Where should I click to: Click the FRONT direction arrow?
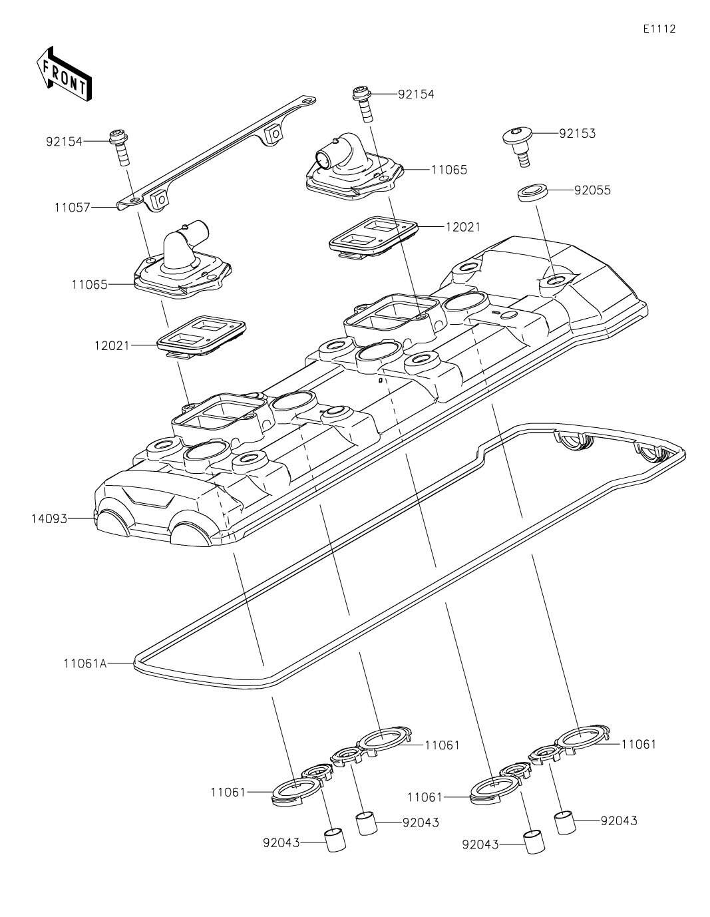tap(64, 73)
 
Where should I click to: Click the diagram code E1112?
tap(659, 29)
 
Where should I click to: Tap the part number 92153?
tap(577, 133)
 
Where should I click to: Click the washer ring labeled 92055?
tap(533, 192)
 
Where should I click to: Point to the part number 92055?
tap(592, 190)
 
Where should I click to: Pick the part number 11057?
tap(72, 208)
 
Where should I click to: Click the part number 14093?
tap(49, 518)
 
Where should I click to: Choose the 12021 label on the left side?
tap(112, 345)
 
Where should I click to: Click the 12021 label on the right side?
tap(463, 227)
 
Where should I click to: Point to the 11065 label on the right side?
tap(449, 170)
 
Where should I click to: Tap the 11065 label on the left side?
tap(89, 284)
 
